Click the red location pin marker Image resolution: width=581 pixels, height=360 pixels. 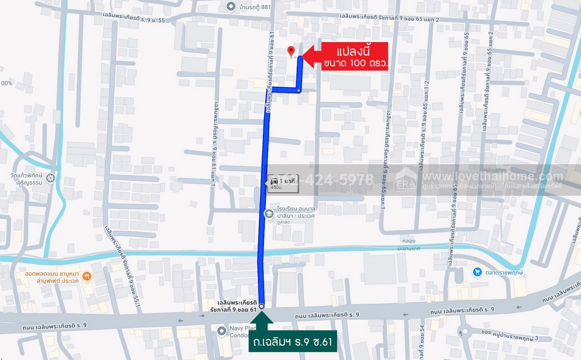coord(291,51)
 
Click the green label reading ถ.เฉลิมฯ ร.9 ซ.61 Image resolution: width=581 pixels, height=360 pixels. coord(292,342)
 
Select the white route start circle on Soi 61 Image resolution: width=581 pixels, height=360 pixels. coord(261,306)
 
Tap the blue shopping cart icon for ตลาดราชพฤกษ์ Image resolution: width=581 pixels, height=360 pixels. coord(477,272)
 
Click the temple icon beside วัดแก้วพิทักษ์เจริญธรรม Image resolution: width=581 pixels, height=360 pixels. coord(51,178)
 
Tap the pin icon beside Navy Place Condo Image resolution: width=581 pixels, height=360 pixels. coord(222,331)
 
